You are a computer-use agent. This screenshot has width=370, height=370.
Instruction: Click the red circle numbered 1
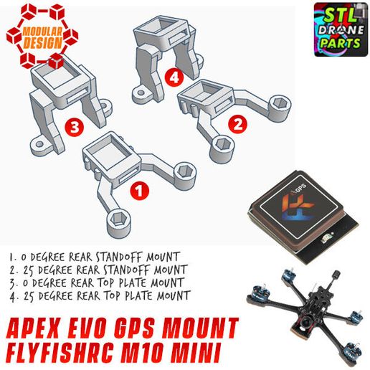point(141,191)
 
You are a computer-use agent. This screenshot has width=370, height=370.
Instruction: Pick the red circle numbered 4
point(173,75)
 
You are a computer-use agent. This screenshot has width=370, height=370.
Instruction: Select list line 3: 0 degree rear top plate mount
point(98,282)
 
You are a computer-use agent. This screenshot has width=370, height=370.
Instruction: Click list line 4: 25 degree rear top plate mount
point(100,295)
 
